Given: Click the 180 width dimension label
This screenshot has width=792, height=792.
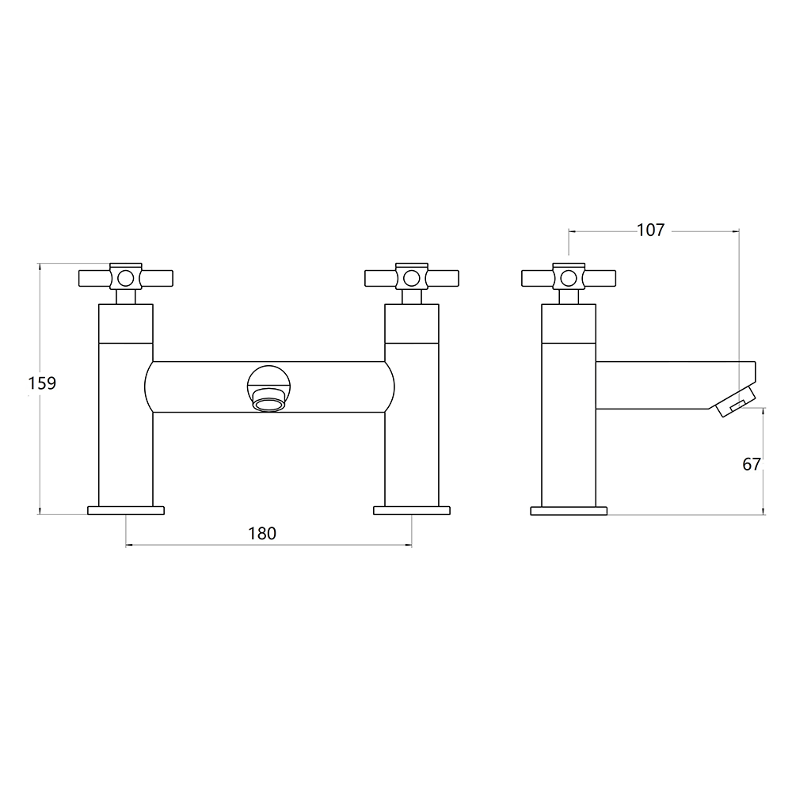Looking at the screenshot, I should click(x=262, y=533).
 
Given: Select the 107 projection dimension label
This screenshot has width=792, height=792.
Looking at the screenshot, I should click(x=650, y=230).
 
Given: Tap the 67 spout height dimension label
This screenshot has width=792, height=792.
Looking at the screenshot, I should click(x=752, y=464).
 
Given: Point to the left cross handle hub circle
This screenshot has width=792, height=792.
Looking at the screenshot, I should click(x=125, y=278).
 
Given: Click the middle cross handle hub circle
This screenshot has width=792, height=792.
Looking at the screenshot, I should click(x=411, y=278).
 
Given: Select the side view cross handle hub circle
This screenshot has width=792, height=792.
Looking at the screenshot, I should click(x=569, y=278).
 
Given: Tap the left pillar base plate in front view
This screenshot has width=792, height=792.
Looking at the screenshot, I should click(x=126, y=510).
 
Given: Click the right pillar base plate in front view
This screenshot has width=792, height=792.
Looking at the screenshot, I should click(x=412, y=510).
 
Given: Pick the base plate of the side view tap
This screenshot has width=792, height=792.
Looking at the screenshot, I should click(x=568, y=510).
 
